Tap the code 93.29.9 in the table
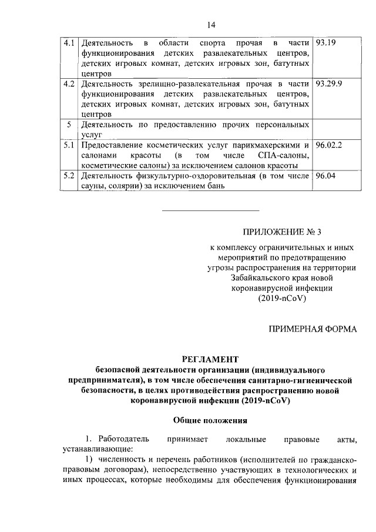pyautogui.click(x=329, y=83)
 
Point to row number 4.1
pyautogui.click(x=69, y=44)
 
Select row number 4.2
pyautogui.click(x=69, y=83)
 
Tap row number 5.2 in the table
pyautogui.click(x=69, y=175)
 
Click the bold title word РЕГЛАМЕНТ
pyautogui.click(x=210, y=359)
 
